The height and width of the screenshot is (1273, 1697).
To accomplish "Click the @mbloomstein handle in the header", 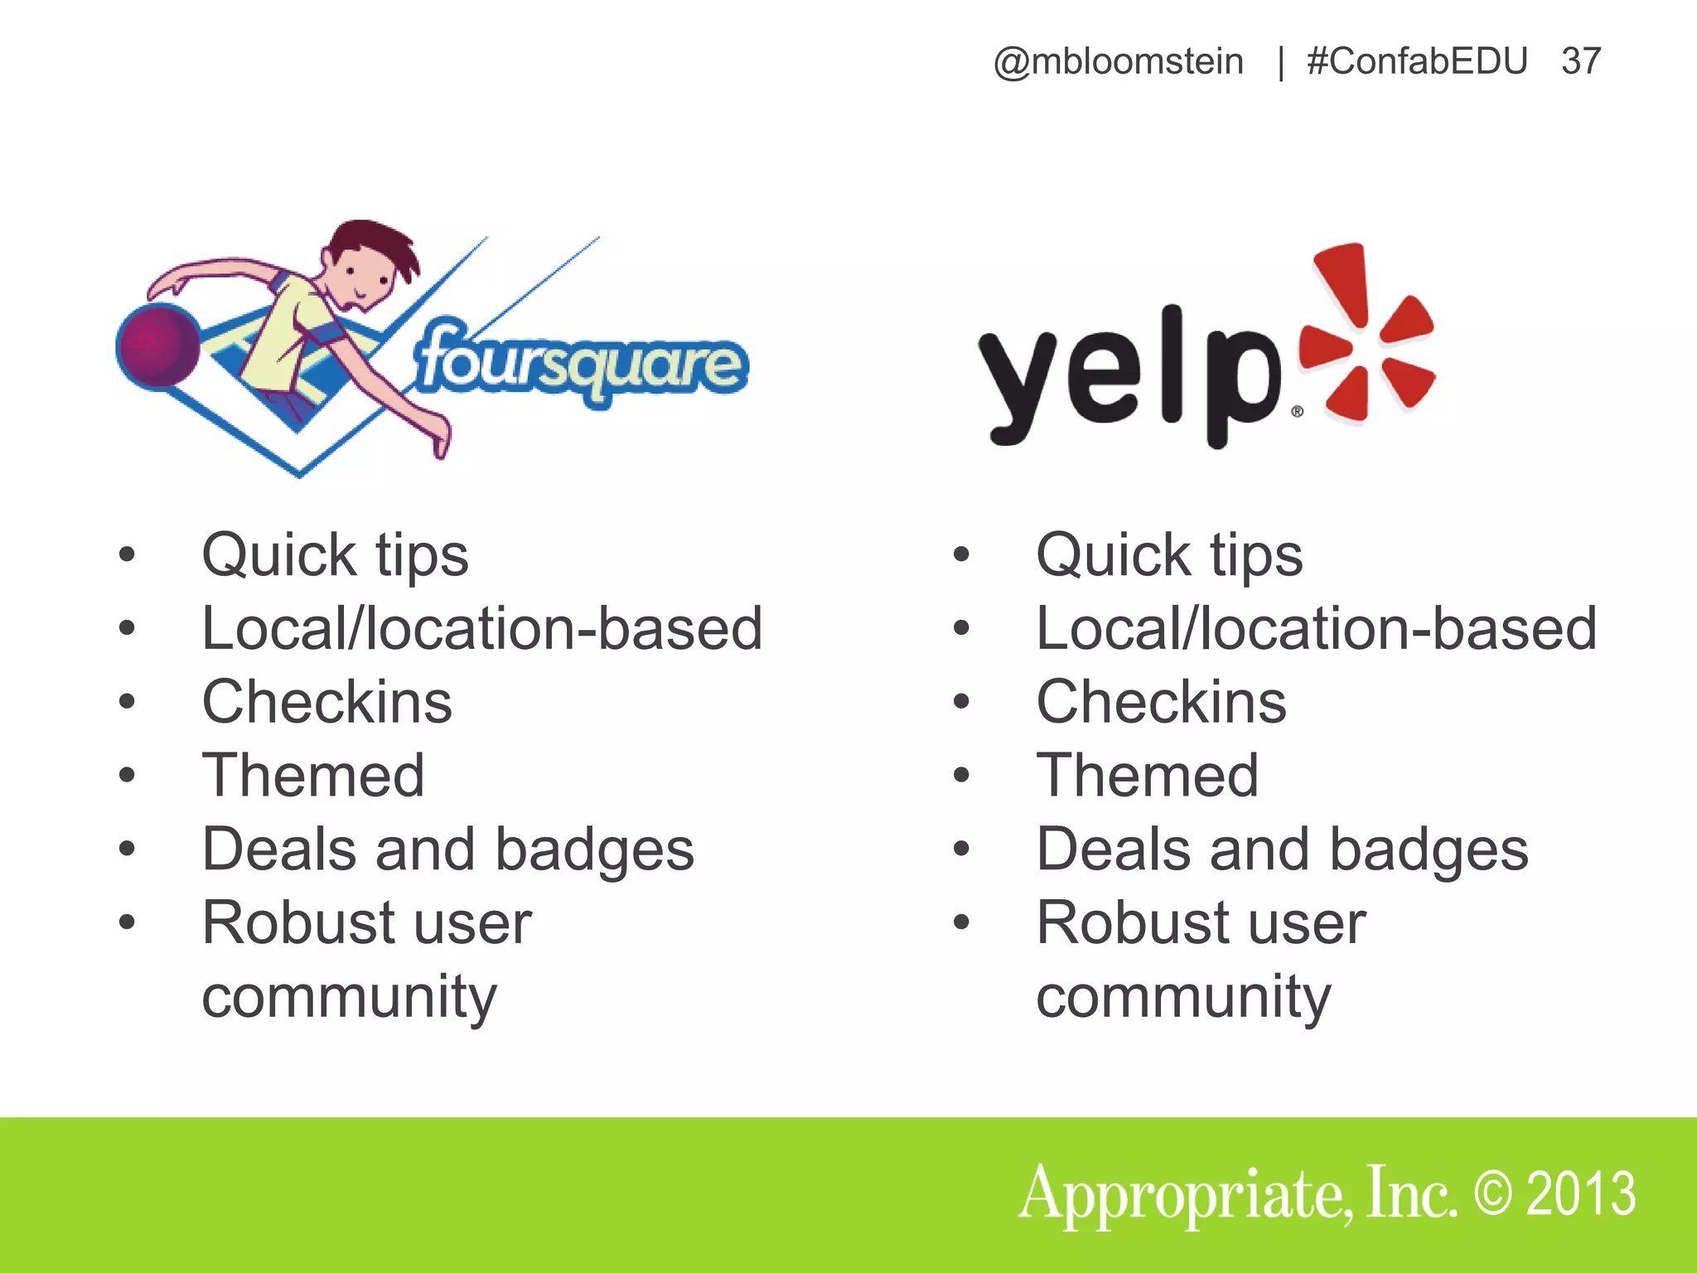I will pyautogui.click(x=1118, y=62).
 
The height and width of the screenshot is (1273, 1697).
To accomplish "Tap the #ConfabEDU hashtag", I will pyautogui.click(x=1417, y=62).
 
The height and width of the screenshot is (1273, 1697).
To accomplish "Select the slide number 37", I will pyautogui.click(x=1581, y=62).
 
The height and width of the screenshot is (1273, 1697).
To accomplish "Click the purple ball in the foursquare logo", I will pyautogui.click(x=158, y=345).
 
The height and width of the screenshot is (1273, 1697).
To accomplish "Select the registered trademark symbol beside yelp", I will pyautogui.click(x=1297, y=412).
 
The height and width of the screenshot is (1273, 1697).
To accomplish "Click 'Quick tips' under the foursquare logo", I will pyautogui.click(x=335, y=555).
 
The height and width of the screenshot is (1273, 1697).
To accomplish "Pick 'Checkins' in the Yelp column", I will pyautogui.click(x=1161, y=702).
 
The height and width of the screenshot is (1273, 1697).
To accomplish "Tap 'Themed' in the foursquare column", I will pyautogui.click(x=313, y=776).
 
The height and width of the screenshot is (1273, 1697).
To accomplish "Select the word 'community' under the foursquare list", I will pyautogui.click(x=349, y=997).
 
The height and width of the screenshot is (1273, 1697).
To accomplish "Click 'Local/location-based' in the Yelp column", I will pyautogui.click(x=1316, y=629).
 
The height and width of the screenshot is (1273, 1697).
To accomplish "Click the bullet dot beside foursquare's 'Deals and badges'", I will pyautogui.click(x=127, y=849).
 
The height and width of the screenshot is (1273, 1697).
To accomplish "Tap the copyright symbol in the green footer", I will pyautogui.click(x=1494, y=1193).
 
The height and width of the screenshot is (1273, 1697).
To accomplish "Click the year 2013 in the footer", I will pyautogui.click(x=1581, y=1193).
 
